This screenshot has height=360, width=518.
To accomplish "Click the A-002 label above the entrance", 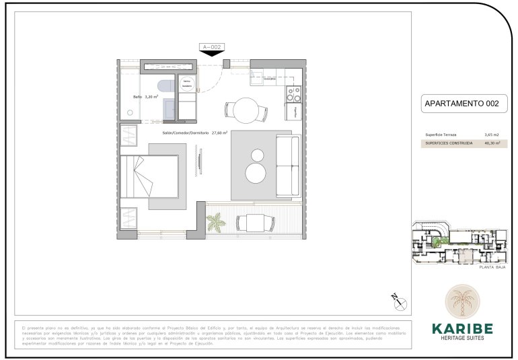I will tap(211, 46).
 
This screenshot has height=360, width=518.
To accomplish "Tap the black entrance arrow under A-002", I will tap(212, 54).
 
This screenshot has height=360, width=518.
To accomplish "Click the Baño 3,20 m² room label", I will tap(145, 97).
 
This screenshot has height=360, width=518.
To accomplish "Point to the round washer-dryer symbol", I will tap(188, 82).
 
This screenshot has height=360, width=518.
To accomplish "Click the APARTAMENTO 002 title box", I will tap(461, 104).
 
